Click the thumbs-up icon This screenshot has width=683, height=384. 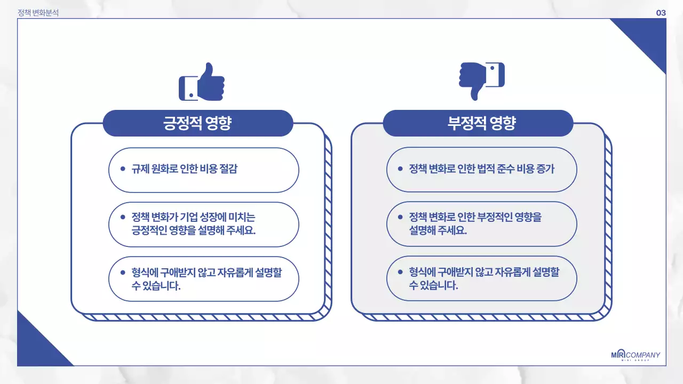(202, 82)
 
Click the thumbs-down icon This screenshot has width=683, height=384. (481, 80)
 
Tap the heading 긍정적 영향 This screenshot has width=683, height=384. (197, 123)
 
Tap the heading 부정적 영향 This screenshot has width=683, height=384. (478, 123)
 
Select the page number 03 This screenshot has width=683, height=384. (661, 13)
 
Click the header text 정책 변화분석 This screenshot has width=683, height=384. (38, 13)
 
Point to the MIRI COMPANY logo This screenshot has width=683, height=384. (636, 356)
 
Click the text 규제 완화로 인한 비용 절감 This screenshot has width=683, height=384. (185, 169)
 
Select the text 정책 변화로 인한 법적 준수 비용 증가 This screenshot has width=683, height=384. (481, 169)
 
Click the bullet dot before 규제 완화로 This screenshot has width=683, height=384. (123, 169)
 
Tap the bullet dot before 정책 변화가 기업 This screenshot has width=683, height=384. (123, 217)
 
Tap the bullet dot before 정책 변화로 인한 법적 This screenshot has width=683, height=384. (400, 169)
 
